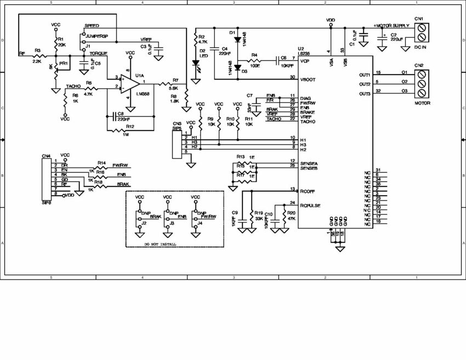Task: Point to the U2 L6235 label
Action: [x=305, y=52]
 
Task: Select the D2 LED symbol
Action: [x=196, y=62]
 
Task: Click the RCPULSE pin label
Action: [x=310, y=206]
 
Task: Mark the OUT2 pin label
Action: [x=365, y=84]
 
